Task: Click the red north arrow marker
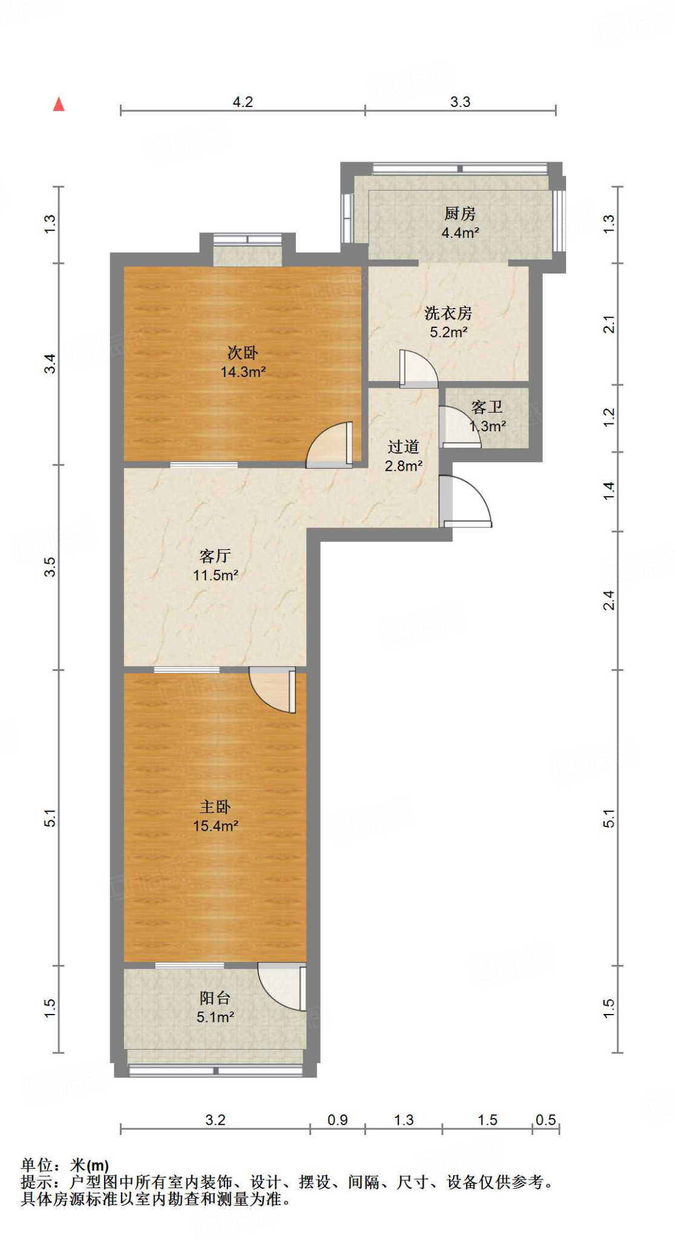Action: tap(59, 104)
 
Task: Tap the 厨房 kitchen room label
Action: tap(460, 214)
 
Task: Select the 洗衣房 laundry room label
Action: tap(448, 313)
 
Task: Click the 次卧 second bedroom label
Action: tap(243, 353)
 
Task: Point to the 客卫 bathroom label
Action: tap(487, 407)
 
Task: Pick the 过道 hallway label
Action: tap(403, 447)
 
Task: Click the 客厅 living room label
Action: tap(215, 556)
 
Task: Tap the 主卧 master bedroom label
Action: tap(215, 807)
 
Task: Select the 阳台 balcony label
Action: tap(215, 998)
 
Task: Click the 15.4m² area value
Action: tap(215, 826)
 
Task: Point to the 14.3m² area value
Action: tap(243, 372)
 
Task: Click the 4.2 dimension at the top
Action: tap(243, 102)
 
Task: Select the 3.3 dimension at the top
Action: tap(460, 102)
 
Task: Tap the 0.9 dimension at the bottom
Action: tap(338, 1120)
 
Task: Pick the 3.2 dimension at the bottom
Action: tap(215, 1120)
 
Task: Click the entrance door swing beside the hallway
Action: tap(466, 502)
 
